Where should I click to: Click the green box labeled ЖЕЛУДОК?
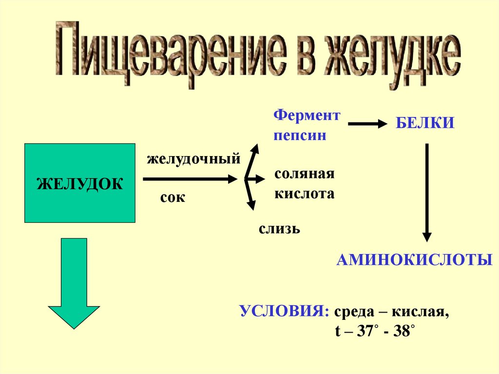pos(79,183)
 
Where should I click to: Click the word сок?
pos(173,197)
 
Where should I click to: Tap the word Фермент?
pos(307,116)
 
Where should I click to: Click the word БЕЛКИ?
pos(424,123)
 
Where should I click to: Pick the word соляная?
pos(304,174)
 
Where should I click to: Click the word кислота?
pos(304,194)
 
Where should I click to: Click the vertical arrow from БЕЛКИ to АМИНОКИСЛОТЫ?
pos(427,192)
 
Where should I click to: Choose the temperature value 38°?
pos(404,332)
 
